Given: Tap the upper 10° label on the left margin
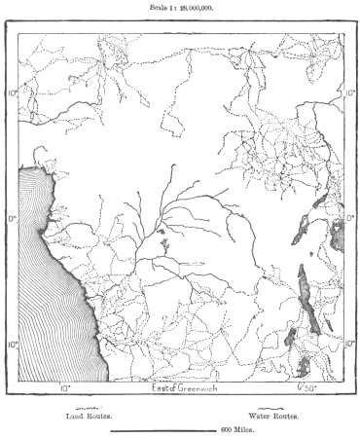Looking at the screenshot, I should click(13, 94).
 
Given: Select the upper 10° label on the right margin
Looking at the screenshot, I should click(350, 94).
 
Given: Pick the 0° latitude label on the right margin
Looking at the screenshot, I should click(350, 219).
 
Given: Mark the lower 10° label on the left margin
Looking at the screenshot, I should click(13, 345).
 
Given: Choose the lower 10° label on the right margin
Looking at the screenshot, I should click(350, 345).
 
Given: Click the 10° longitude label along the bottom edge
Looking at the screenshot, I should click(65, 387).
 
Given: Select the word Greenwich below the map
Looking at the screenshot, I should click(205, 387).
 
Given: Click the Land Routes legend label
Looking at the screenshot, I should click(89, 416).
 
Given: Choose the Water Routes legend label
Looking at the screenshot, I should click(273, 416).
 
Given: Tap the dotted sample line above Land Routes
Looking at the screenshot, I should click(89, 408).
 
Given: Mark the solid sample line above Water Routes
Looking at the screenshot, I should click(273, 408).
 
